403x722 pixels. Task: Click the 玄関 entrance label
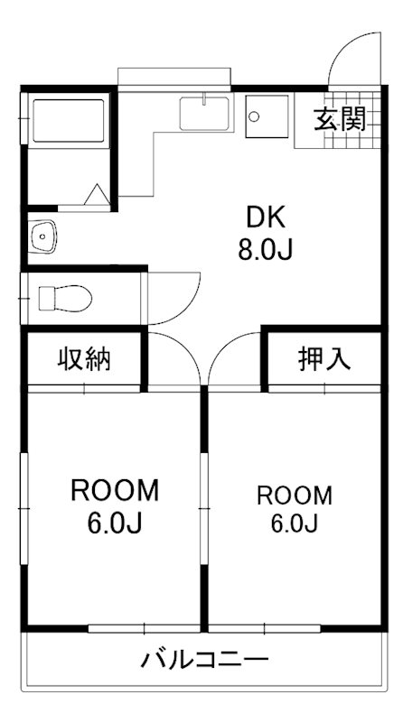click(341, 117)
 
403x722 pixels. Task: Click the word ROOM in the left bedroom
click(115, 491)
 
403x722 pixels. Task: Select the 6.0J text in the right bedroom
click(295, 523)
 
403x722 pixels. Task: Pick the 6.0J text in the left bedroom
click(115, 523)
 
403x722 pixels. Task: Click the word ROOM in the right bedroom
click(295, 495)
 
